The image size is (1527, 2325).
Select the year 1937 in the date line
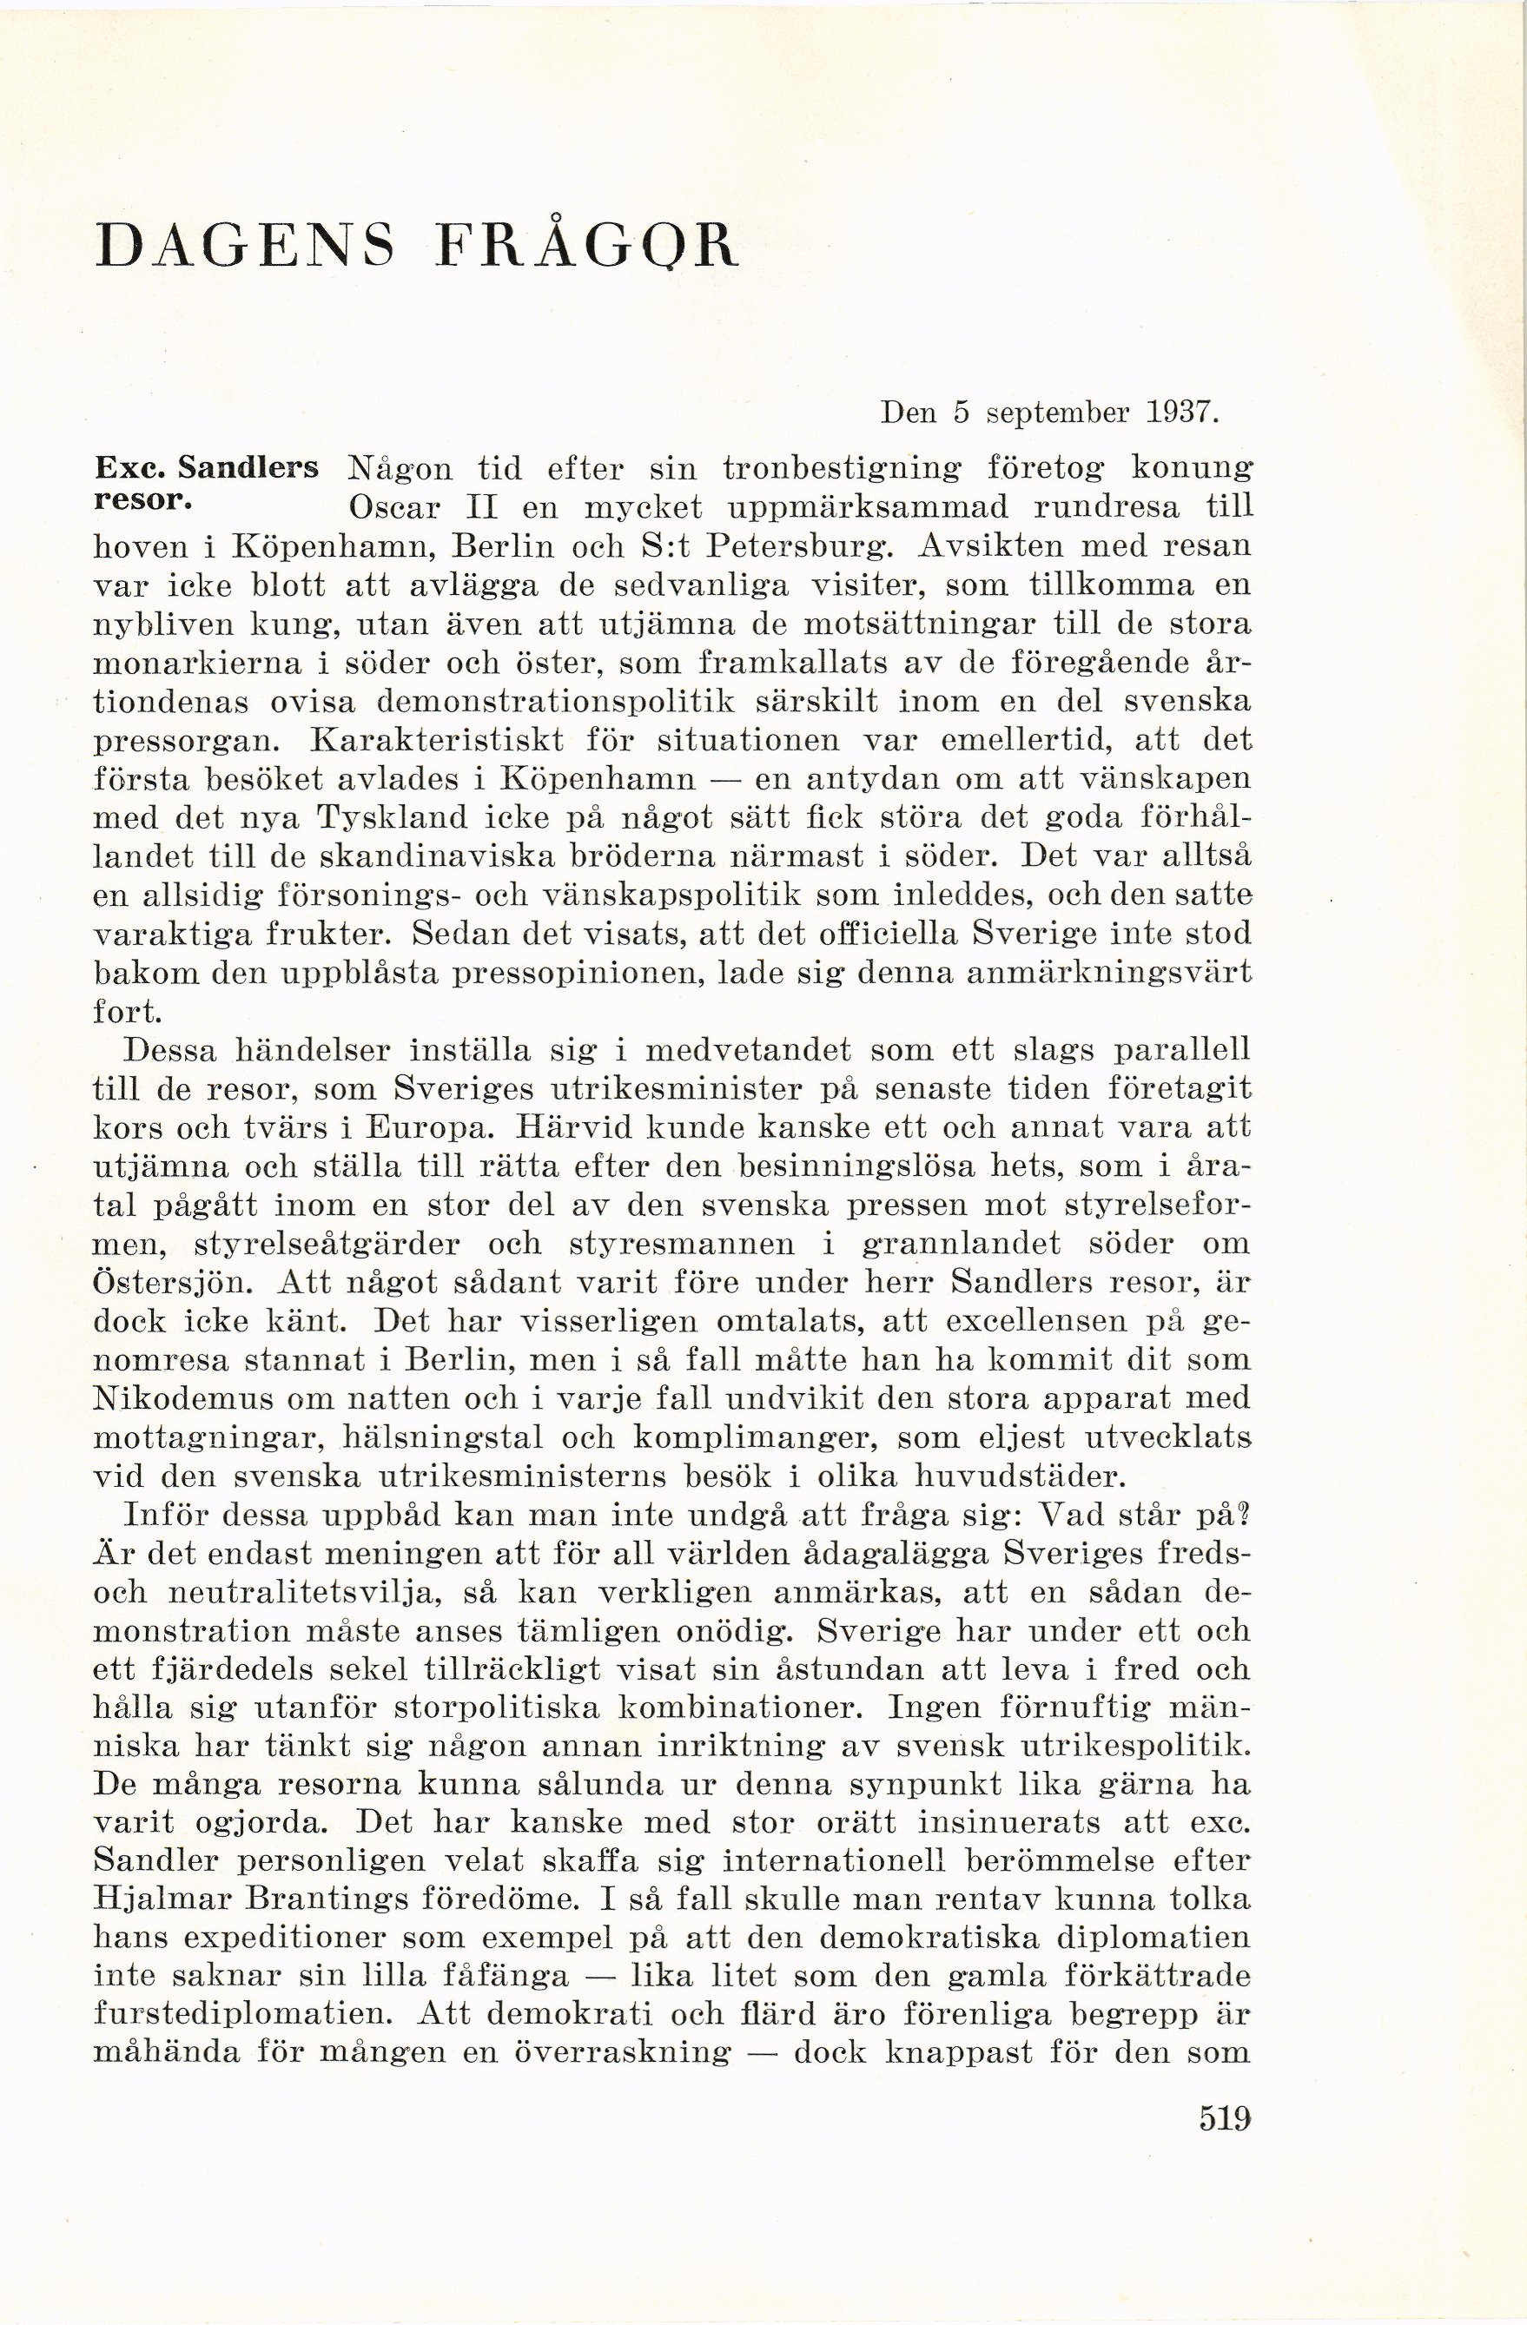1183,413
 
